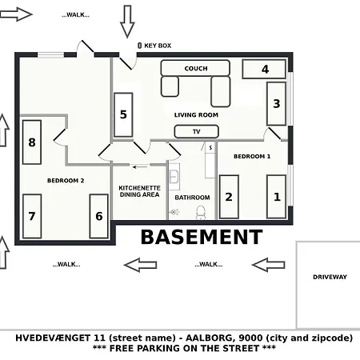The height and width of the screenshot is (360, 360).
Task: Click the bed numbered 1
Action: (x=277, y=196)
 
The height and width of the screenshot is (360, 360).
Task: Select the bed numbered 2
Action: (x=229, y=197)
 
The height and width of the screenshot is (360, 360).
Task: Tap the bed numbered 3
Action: (x=276, y=103)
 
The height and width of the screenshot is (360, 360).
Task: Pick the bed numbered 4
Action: (x=264, y=70)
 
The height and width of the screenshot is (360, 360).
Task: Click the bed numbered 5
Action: (x=123, y=114)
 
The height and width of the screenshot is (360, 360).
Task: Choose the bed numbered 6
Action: (x=99, y=216)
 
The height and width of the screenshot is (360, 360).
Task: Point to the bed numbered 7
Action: (x=32, y=216)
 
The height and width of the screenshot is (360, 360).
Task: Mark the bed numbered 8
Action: (x=32, y=142)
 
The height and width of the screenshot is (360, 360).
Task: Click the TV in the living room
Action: (x=195, y=132)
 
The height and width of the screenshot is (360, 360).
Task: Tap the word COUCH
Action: (x=196, y=69)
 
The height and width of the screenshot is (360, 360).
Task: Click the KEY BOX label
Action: (x=158, y=46)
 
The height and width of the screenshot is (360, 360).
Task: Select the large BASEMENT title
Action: (x=201, y=237)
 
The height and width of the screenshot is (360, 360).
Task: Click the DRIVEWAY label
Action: (x=330, y=277)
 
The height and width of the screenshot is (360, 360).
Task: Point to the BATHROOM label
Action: (x=192, y=198)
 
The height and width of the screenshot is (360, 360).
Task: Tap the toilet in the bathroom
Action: (x=201, y=212)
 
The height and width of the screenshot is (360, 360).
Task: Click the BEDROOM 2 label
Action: (x=66, y=180)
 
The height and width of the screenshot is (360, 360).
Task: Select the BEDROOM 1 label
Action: (x=252, y=157)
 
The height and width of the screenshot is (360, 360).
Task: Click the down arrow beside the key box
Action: (x=127, y=21)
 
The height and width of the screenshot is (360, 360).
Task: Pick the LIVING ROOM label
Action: (x=196, y=114)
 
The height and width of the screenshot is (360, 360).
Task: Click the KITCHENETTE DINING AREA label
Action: (x=139, y=191)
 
